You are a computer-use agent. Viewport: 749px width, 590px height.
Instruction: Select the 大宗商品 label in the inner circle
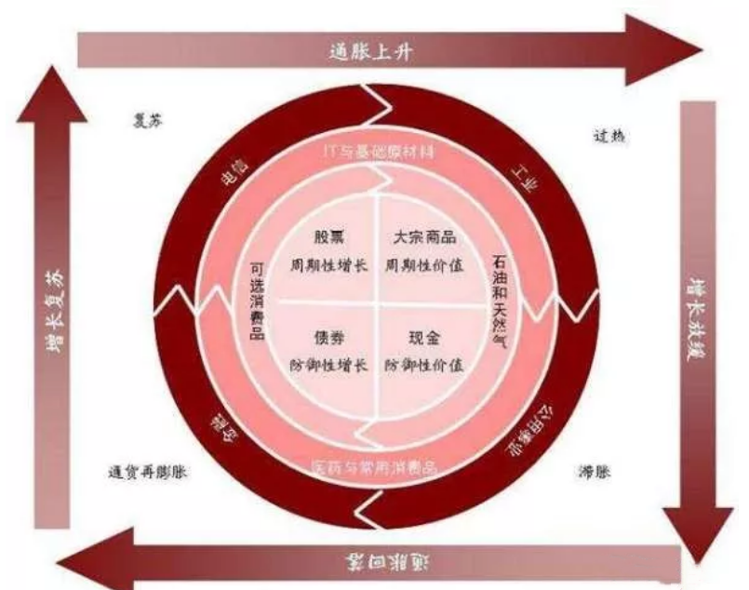[420, 237]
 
